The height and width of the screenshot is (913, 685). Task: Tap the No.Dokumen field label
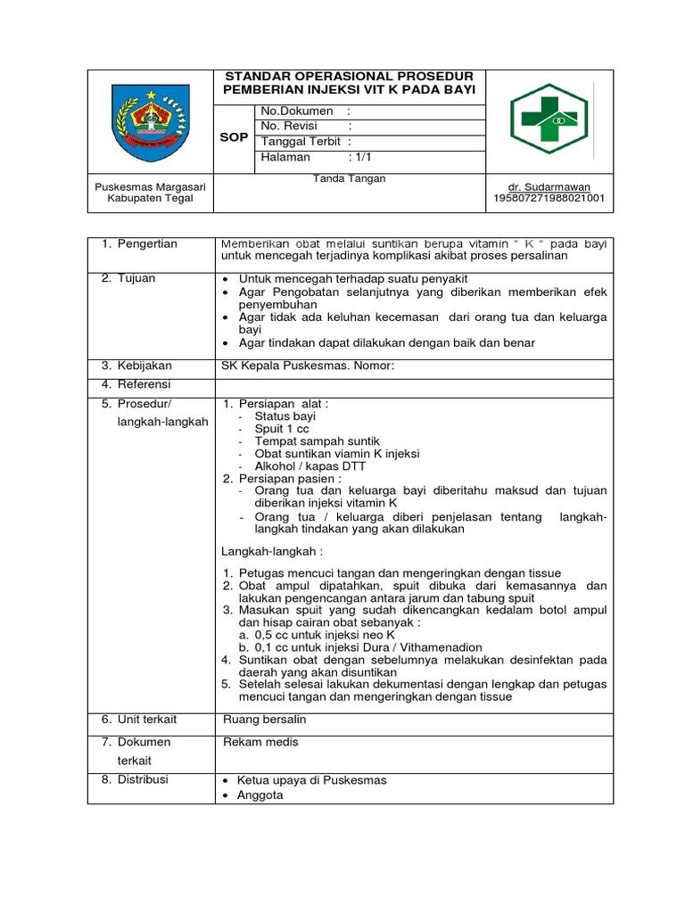pyautogui.click(x=297, y=111)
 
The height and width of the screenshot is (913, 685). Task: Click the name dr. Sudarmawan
pyautogui.click(x=549, y=186)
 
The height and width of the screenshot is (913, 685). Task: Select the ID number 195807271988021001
pyautogui.click(x=549, y=198)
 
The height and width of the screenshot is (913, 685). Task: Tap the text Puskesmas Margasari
pyautogui.click(x=151, y=186)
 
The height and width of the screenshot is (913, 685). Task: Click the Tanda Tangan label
pyautogui.click(x=349, y=179)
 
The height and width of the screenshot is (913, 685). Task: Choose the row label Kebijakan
pyautogui.click(x=147, y=366)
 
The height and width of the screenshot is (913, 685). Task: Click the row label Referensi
pyautogui.click(x=147, y=384)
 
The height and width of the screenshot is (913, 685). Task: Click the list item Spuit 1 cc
pyautogui.click(x=282, y=429)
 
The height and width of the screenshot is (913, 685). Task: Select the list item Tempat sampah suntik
pyautogui.click(x=317, y=441)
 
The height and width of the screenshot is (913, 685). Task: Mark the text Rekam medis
pyautogui.click(x=260, y=742)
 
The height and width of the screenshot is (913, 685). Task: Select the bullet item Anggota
pyautogui.click(x=260, y=794)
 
